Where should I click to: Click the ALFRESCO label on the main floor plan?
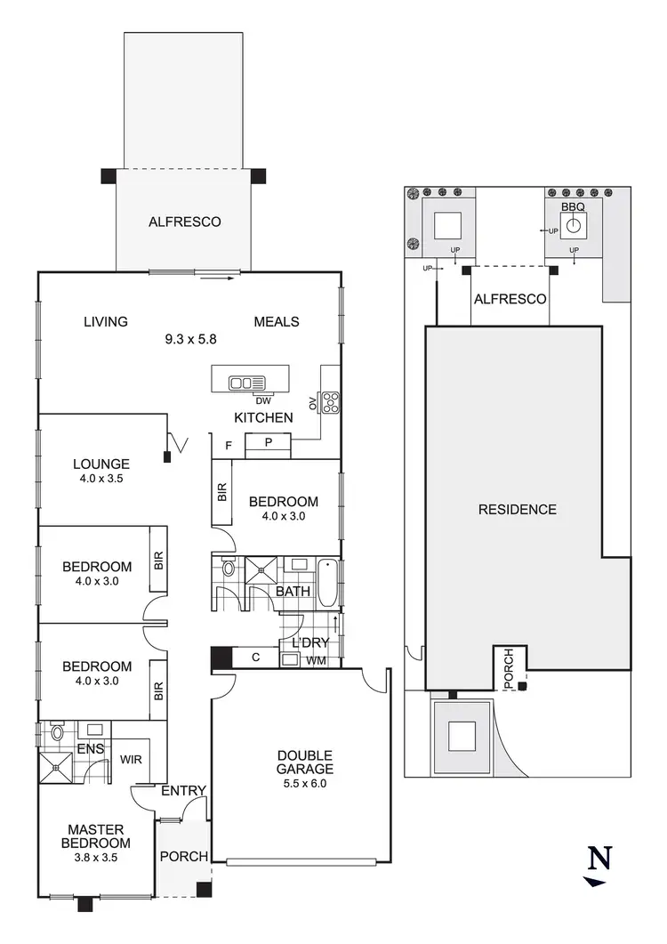pos(184,222)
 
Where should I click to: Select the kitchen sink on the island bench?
pos(242,383)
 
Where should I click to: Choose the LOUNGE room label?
pos(101,464)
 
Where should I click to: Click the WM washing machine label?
pos(316,661)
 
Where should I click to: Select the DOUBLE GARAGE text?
pos(304,762)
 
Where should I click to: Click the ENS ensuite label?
pos(91,750)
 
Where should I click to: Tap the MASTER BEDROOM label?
pos(95,836)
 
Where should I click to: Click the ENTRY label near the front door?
pos(184,790)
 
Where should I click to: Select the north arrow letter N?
pos(601,858)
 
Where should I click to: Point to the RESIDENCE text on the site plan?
pos(518,510)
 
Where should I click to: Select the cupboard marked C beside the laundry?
pos(255,658)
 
